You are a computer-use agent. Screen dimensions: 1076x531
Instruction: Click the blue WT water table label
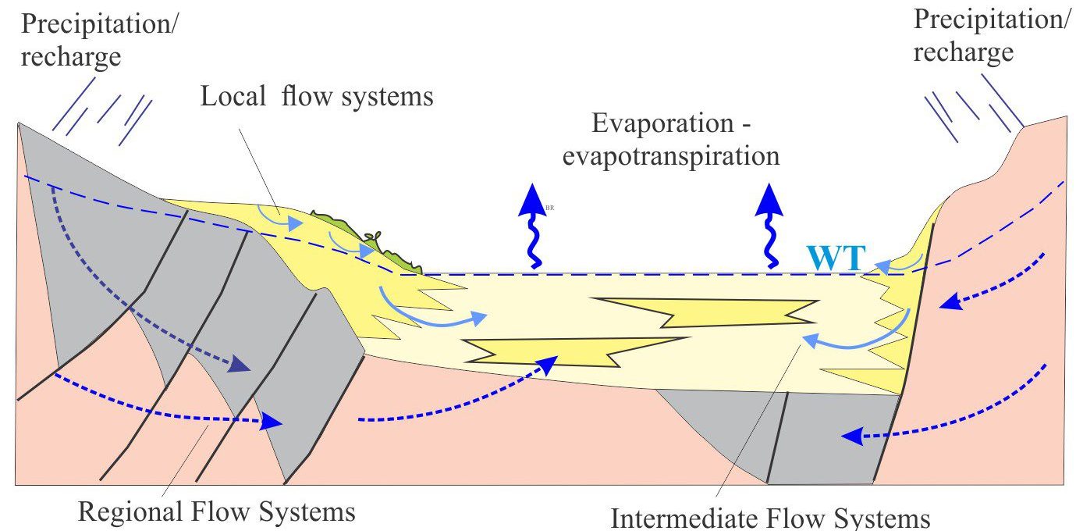tap(836, 258)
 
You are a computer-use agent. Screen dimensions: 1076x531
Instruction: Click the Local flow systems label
tap(317, 96)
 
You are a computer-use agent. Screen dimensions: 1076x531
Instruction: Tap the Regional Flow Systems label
tap(217, 511)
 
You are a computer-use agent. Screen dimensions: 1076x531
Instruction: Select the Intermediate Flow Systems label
tap(770, 519)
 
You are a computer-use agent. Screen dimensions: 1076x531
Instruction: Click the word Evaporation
tap(663, 123)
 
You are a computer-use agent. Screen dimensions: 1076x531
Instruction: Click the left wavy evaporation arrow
tap(533, 226)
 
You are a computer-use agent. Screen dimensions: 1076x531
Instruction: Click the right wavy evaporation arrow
tap(769, 226)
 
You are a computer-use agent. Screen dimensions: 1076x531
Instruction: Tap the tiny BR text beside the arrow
tap(550, 208)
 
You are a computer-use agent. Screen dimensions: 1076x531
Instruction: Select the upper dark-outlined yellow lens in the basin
tap(705, 313)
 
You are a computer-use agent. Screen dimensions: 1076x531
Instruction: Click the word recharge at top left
tap(71, 58)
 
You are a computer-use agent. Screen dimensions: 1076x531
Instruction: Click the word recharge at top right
tap(963, 53)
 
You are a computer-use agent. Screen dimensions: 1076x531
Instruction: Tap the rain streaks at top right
tap(974, 109)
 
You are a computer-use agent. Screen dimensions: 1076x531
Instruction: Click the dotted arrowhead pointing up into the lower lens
tap(548, 365)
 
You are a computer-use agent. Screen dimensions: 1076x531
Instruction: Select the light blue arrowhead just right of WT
tap(882, 267)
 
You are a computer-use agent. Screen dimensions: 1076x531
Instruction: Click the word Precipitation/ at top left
tap(99, 24)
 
